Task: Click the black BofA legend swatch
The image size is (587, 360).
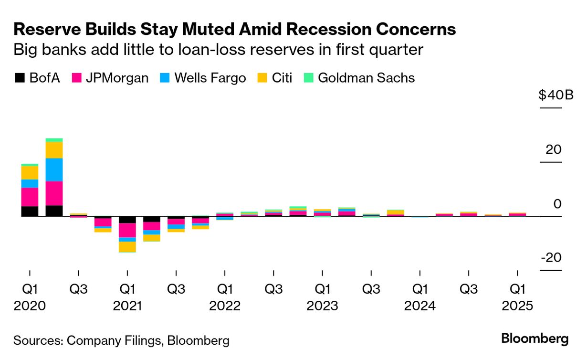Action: tap(20, 78)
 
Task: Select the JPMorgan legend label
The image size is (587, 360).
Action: tap(117, 78)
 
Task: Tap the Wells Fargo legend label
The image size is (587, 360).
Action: tap(210, 78)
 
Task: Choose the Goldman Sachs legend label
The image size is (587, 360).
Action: tap(366, 78)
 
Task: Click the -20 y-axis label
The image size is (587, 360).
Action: tap(551, 258)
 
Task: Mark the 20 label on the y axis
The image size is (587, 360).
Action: tap(554, 149)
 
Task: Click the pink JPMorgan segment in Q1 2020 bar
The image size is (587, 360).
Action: tap(30, 197)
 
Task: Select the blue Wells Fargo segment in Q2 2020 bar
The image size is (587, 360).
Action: tap(54, 169)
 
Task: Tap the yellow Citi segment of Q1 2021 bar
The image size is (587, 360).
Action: tap(127, 246)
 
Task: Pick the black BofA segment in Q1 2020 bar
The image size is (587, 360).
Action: tap(30, 211)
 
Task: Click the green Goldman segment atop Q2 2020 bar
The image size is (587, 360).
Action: tap(54, 140)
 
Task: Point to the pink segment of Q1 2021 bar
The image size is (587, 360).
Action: tap(127, 230)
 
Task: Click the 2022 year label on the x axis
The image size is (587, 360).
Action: tap(225, 306)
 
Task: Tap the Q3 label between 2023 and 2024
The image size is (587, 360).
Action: tap(371, 289)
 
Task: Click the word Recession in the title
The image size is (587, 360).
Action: tap(316, 30)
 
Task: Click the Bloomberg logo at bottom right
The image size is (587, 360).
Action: tap(535, 339)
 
